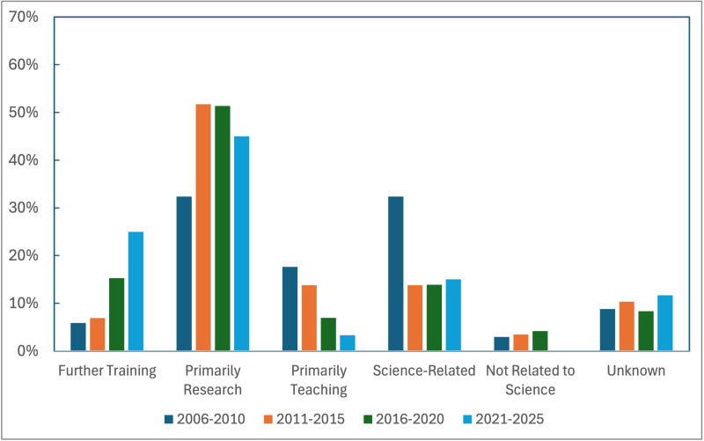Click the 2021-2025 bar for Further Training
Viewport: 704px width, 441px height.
point(136,291)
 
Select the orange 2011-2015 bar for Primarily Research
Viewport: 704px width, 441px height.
point(203,227)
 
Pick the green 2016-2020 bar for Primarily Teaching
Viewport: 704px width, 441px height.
point(327,334)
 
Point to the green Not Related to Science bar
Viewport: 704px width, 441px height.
point(540,341)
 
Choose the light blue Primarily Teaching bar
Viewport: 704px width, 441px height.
point(347,342)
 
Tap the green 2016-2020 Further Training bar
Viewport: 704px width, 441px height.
point(116,314)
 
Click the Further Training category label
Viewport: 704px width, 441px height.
point(106,371)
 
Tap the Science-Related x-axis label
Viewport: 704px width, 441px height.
point(424,371)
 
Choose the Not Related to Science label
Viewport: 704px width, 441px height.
point(531,379)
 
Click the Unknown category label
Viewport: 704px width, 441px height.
point(635,371)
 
